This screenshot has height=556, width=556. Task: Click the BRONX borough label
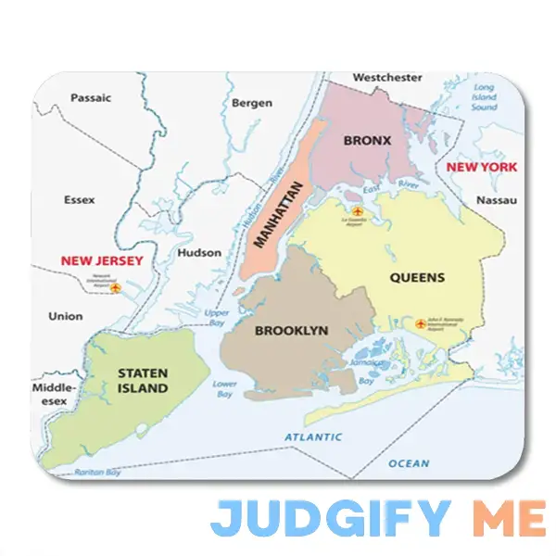point(367,141)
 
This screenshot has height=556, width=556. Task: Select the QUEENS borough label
point(417,277)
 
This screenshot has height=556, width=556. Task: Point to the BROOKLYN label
point(291,331)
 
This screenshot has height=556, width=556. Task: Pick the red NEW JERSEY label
point(102,260)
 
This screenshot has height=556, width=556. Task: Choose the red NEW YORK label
point(481,167)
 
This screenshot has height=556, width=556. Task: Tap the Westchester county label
point(386,78)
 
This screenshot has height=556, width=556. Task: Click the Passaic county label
point(91,97)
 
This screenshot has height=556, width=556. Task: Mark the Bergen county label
point(251,103)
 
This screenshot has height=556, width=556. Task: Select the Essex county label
point(79,199)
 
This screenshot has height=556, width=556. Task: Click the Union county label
point(66,316)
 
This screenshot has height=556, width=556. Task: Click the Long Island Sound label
point(484,97)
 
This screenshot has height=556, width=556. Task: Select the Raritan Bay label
point(99,472)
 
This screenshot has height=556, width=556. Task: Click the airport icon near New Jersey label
point(115,288)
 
